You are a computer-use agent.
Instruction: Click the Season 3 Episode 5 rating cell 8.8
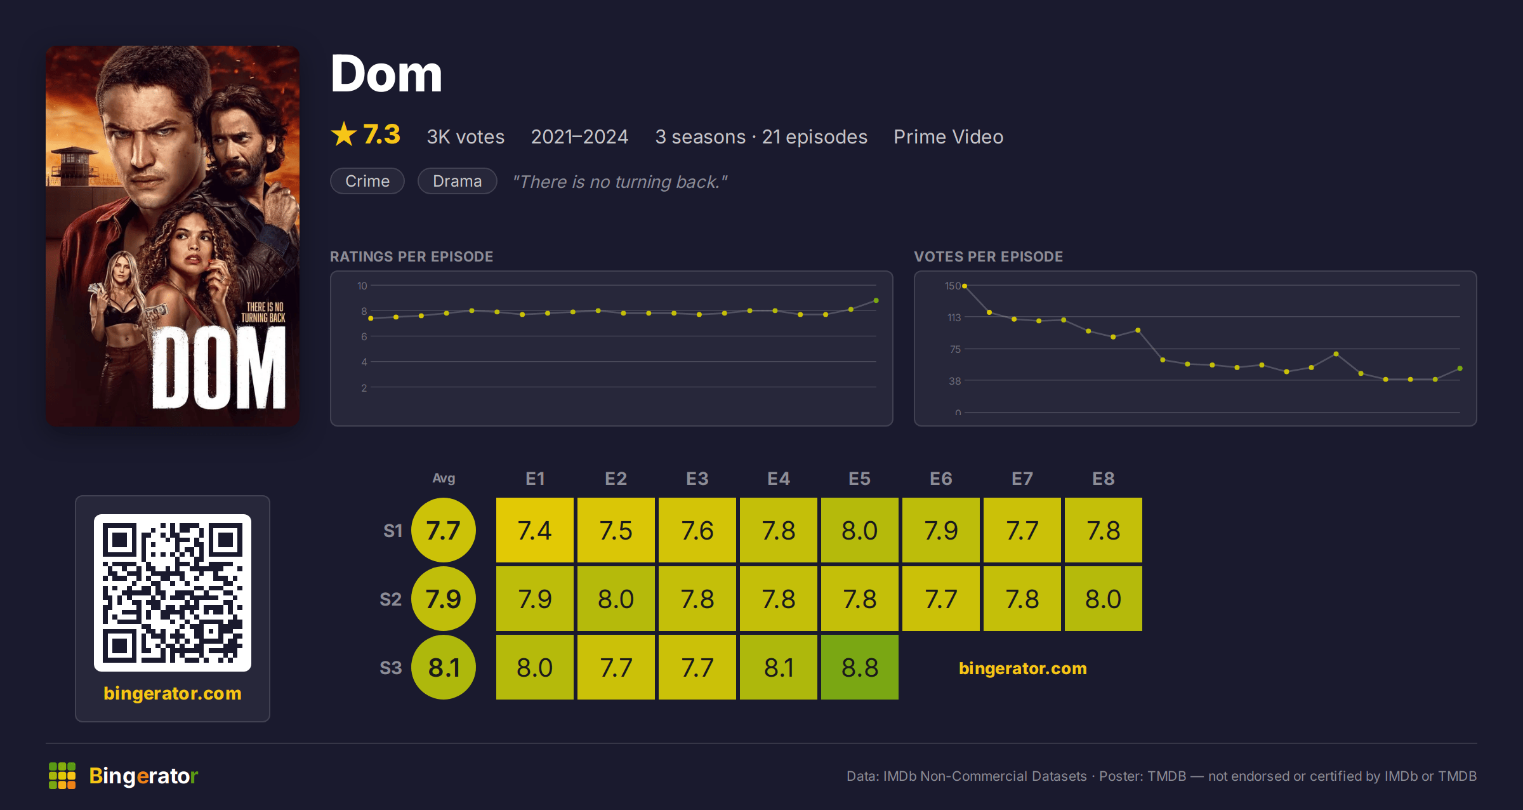tap(860, 667)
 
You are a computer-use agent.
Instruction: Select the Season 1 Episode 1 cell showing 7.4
tap(535, 530)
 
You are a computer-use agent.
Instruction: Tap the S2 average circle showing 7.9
tap(444, 599)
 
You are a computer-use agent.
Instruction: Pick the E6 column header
tap(941, 479)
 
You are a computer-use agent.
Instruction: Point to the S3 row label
tap(391, 668)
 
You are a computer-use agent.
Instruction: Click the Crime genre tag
tap(367, 181)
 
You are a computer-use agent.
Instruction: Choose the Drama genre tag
tap(458, 181)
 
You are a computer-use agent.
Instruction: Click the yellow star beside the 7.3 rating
tap(344, 134)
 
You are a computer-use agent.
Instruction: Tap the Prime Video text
tap(949, 136)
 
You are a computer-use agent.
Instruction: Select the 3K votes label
tap(466, 136)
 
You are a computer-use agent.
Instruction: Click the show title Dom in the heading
tap(386, 74)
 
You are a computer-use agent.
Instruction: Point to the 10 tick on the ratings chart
tap(362, 286)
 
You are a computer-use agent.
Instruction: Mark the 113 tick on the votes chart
tap(954, 317)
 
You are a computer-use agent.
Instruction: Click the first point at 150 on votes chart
tap(965, 286)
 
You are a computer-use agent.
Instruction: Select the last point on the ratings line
tap(876, 300)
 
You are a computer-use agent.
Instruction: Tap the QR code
tap(173, 593)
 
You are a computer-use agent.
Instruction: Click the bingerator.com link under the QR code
tap(173, 693)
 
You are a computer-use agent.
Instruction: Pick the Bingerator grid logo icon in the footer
tap(62, 776)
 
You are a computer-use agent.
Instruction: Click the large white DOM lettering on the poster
tap(219, 368)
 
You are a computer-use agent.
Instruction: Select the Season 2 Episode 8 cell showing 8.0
tap(1104, 599)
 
